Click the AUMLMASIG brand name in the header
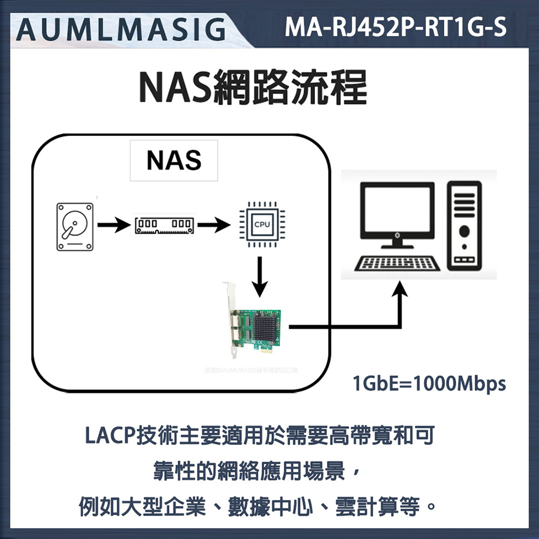pyautogui.click(x=120, y=28)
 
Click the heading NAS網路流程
pyautogui.click(x=252, y=88)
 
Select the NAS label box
pyautogui.click(x=174, y=161)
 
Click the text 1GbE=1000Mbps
pyautogui.click(x=429, y=383)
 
